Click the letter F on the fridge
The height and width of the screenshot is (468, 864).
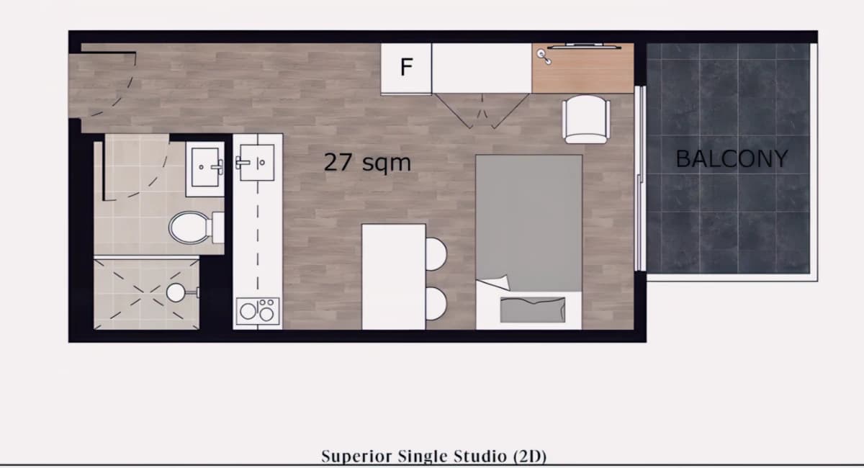pos(407,67)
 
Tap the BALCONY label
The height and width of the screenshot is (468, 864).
pos(732,158)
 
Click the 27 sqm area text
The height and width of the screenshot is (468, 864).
pos(367,163)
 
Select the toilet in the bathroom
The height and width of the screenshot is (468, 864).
pos(197,228)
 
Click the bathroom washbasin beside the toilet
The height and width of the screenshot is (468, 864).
pos(205,169)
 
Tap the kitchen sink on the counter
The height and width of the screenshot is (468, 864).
pos(256,163)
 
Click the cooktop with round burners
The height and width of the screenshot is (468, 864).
pos(258,310)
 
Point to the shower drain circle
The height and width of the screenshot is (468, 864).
pos(176,292)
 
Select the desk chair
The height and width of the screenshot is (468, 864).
pos(586,120)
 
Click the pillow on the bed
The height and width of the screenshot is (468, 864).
pos(533,310)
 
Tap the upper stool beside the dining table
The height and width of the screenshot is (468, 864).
pos(436,254)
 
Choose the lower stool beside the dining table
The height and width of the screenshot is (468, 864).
pos(436,304)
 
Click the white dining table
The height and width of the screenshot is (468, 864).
pos(394,276)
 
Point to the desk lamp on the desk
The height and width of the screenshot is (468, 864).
pos(544,57)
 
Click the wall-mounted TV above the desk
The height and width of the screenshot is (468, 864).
pos(585,47)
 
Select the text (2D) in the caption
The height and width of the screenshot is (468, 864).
pos(530,456)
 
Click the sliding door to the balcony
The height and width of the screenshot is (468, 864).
pos(640,179)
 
